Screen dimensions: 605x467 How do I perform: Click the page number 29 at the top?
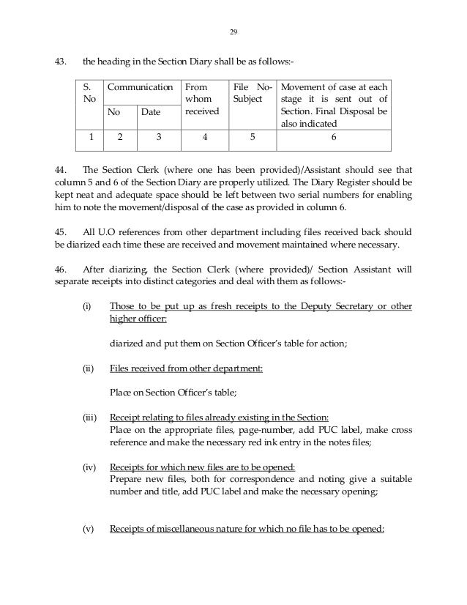pos(233,32)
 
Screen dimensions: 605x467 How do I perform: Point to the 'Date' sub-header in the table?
pos(151,112)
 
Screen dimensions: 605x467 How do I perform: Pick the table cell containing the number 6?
pos(334,137)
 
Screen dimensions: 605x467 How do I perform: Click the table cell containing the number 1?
pos(91,137)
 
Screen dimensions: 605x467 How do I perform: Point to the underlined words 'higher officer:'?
pos(138,319)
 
